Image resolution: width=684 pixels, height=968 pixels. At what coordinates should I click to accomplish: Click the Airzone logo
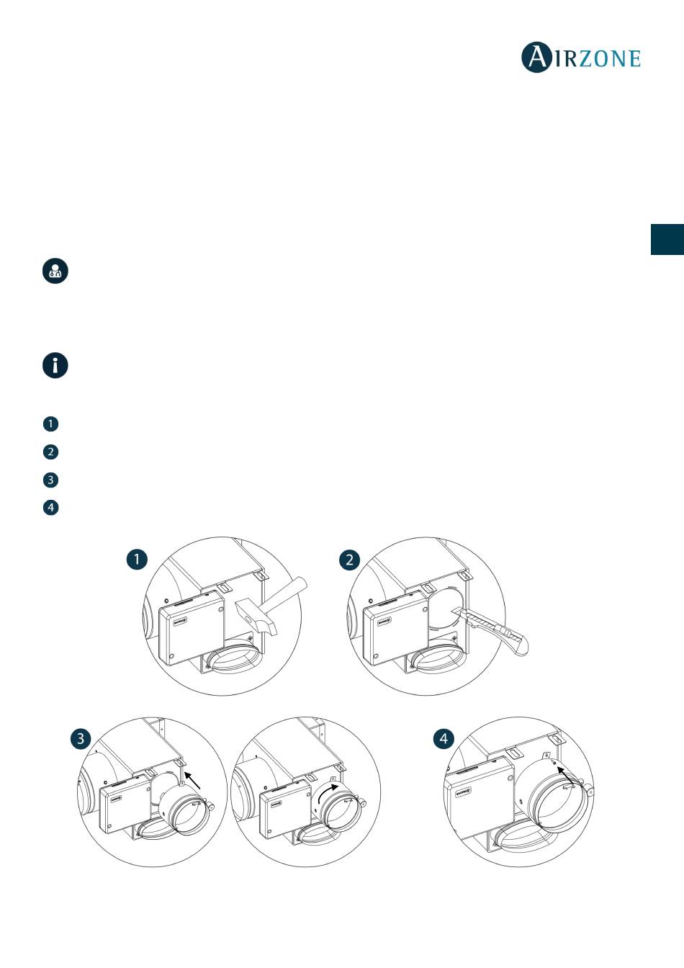point(581,57)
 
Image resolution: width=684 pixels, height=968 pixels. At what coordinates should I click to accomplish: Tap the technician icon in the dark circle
point(55,271)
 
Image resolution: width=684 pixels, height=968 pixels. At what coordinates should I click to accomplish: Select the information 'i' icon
point(55,365)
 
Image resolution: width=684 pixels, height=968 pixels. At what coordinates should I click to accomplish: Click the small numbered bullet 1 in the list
point(50,423)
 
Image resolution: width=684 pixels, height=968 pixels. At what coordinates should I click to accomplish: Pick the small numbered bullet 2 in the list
point(50,452)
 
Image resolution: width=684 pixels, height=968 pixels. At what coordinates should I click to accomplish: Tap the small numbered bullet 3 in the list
point(50,480)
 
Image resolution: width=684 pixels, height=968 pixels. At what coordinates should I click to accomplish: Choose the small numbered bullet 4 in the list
point(50,507)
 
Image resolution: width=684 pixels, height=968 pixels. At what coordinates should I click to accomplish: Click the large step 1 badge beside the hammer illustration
point(137,560)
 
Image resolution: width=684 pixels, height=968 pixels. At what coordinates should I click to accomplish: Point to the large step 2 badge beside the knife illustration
point(350,560)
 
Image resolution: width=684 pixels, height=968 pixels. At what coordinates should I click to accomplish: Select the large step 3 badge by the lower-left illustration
point(81,738)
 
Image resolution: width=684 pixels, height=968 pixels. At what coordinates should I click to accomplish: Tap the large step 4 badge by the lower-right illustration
point(444,738)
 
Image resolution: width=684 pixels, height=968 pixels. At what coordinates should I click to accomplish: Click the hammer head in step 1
point(256,617)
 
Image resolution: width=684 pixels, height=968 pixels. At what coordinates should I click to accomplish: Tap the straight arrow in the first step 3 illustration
point(193,782)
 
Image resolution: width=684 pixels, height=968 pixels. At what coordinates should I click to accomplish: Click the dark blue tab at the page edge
point(667,239)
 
